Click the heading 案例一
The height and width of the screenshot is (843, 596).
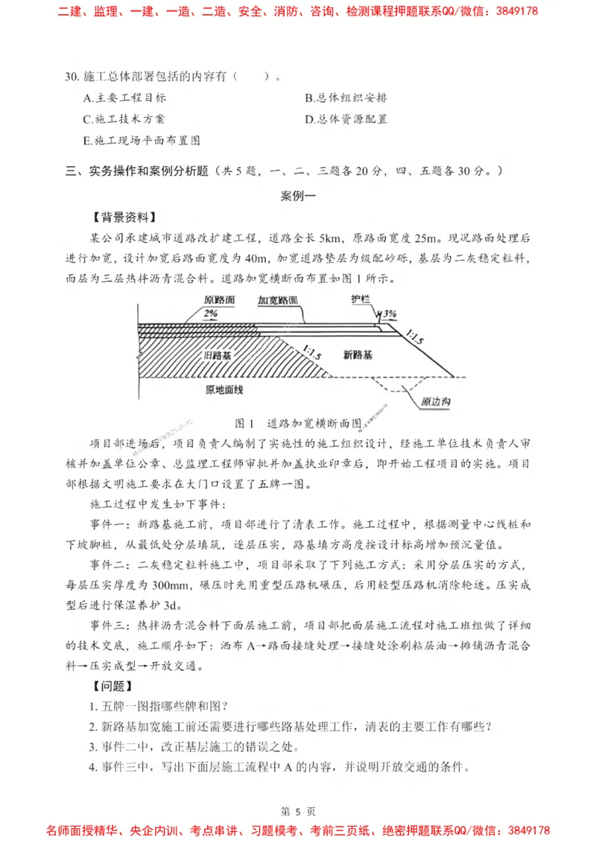297,197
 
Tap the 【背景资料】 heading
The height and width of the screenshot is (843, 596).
124,217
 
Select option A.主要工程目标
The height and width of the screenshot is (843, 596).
124,98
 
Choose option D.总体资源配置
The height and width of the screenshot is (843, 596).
346,119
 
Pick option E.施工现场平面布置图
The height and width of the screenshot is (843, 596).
142,140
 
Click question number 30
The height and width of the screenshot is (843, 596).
72,77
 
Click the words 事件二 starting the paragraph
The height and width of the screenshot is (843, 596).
107,560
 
